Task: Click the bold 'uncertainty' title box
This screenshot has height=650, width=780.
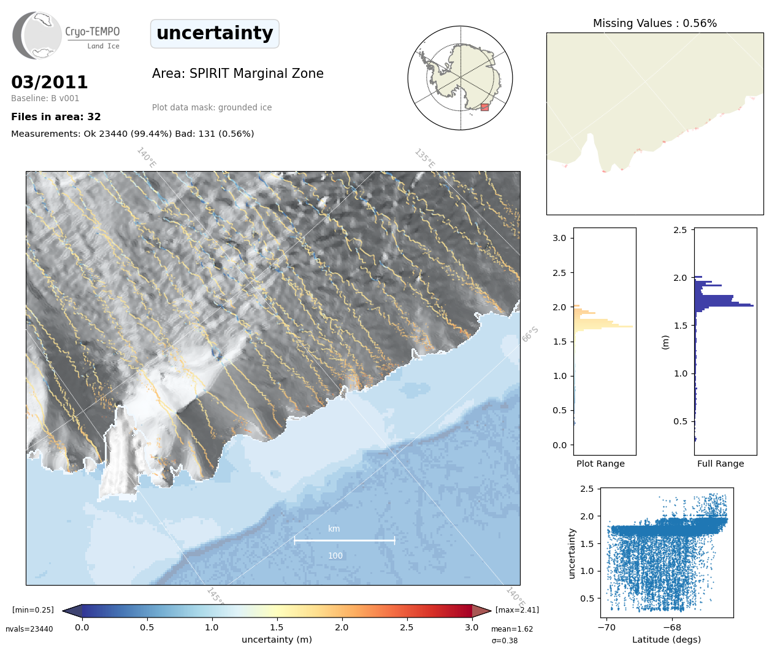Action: tap(215, 33)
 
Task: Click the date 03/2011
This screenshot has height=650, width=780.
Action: tap(50, 82)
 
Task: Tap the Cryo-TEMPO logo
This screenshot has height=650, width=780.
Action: tap(66, 36)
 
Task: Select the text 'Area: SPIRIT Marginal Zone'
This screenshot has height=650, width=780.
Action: tap(237, 74)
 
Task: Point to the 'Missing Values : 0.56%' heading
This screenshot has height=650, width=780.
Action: tap(654, 23)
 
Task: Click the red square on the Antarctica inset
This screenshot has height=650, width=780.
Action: tap(484, 107)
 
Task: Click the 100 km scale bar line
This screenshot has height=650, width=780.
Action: tap(345, 540)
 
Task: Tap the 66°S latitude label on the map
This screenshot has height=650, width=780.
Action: tap(530, 334)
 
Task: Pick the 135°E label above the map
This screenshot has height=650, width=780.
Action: tap(424, 158)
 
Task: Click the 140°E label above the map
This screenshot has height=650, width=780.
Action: tap(147, 157)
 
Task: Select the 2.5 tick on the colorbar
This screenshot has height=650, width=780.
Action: tap(407, 627)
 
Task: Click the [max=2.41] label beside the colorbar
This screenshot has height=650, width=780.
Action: tap(517, 610)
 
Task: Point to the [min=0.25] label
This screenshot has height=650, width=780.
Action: tap(33, 610)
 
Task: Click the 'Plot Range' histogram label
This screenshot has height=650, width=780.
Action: tap(600, 464)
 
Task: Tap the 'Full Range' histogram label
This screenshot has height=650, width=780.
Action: tap(720, 464)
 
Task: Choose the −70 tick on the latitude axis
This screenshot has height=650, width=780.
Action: tap(606, 627)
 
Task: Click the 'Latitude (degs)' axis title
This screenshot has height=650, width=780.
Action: tap(666, 640)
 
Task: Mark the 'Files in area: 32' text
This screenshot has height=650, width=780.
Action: tap(56, 117)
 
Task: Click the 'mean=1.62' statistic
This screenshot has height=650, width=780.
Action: tap(512, 629)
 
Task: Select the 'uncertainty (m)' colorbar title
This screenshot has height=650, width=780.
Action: tap(277, 640)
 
